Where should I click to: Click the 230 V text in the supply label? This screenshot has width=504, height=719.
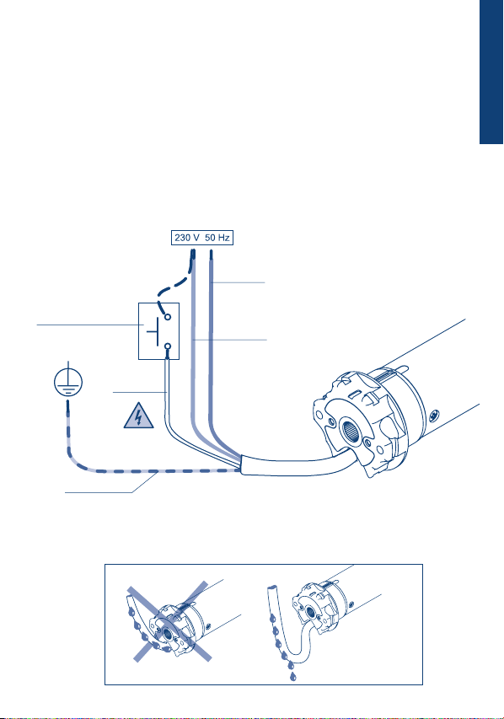coord(186,238)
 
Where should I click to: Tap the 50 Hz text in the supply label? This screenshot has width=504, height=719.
coord(217,238)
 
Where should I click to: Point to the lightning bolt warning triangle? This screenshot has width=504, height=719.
coord(138,416)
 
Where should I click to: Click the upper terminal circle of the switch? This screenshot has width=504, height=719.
coord(168,317)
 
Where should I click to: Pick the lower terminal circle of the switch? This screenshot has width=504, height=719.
coord(168,346)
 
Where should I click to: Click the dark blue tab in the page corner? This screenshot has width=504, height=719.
coord(491,72)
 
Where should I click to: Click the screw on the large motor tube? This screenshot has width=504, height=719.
coord(434,415)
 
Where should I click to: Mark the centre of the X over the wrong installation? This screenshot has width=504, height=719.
coord(170,621)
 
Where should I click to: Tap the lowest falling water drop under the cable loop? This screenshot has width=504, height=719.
coord(292,677)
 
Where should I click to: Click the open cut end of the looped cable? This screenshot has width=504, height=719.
coord(272,587)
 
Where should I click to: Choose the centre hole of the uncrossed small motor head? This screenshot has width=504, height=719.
coord(311,611)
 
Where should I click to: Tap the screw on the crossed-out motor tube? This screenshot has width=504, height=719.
coord(208,625)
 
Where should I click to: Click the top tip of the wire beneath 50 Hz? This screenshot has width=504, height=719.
coord(211,251)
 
